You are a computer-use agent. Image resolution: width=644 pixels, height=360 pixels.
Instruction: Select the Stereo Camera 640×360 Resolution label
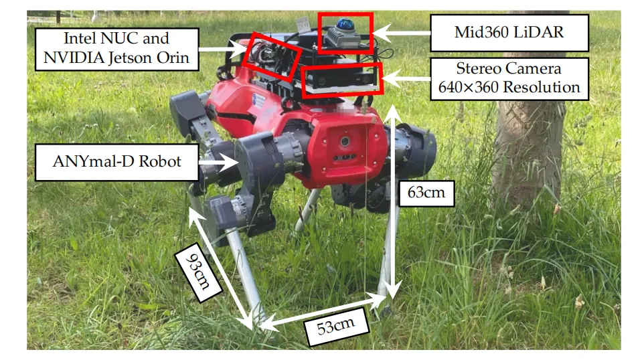tap(508, 78)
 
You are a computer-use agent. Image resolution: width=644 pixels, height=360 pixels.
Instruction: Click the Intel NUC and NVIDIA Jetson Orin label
tap(116, 49)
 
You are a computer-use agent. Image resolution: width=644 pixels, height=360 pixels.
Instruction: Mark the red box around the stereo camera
tap(342, 80)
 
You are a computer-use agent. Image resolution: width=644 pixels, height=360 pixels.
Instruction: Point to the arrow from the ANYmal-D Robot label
tap(216, 162)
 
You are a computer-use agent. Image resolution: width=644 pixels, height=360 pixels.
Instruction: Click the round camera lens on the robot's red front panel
tap(343, 142)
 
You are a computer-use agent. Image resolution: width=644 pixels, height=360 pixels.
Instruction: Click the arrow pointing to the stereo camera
tap(406, 79)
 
